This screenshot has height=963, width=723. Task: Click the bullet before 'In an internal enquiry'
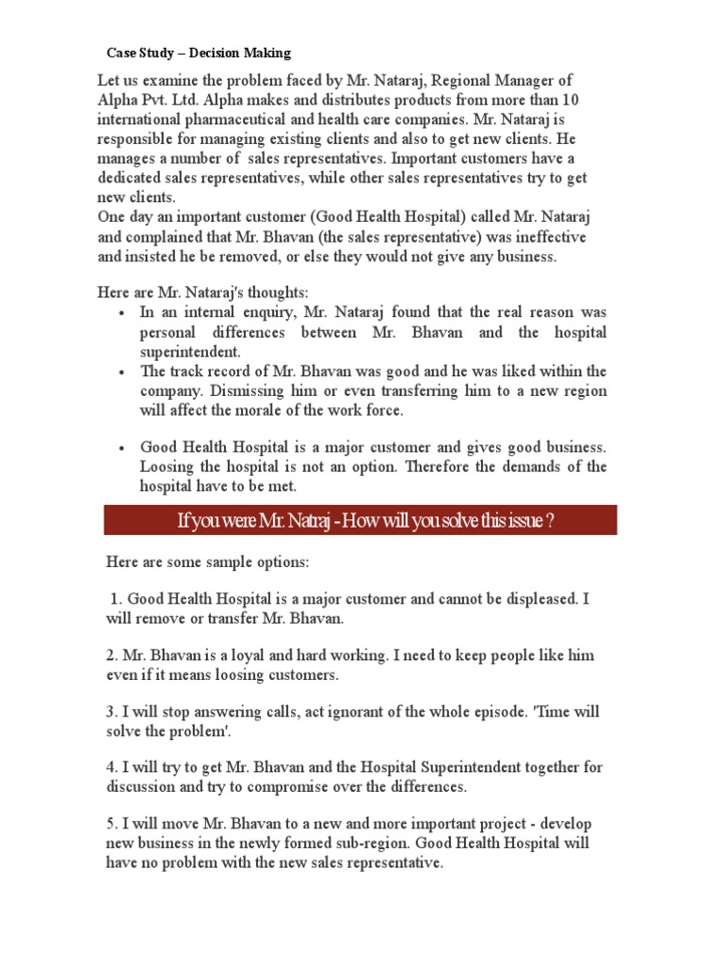(122, 313)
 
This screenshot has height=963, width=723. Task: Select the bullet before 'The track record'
(122, 372)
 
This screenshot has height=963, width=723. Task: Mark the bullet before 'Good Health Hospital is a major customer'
(122, 449)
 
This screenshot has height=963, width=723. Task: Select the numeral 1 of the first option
(114, 599)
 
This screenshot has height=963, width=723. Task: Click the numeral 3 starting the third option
(109, 712)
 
